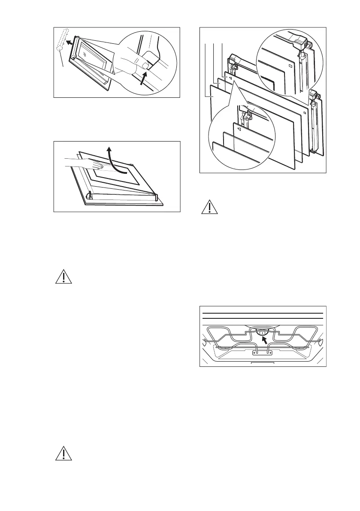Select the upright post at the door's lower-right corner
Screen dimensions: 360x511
coord(157,197)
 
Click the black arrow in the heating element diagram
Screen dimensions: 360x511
coord(266,339)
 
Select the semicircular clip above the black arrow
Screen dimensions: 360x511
coord(261,331)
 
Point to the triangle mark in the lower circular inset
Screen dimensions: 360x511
coord(238,128)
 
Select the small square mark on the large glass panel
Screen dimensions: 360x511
coord(304,113)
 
